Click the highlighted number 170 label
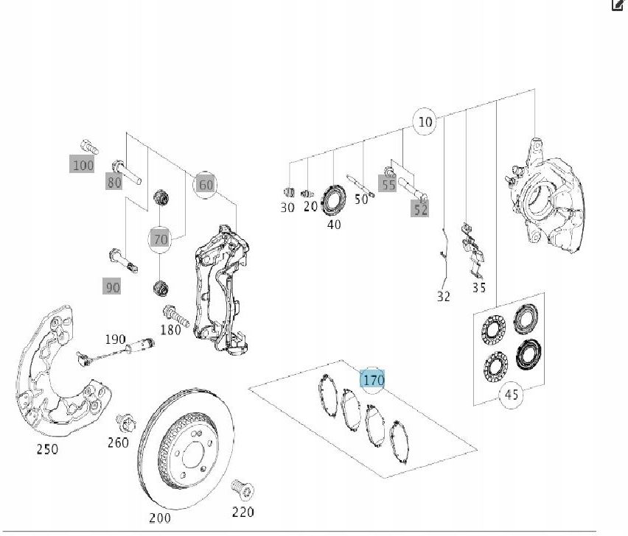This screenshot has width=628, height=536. point(373,380)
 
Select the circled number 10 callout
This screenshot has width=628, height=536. point(425,121)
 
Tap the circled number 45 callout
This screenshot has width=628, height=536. point(511,395)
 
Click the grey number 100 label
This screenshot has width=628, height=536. point(83,165)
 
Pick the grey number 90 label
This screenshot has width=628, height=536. point(111,287)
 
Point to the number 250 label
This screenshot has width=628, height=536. point(47,449)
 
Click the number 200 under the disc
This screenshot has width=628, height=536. point(158,518)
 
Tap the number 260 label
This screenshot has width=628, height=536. point(117,442)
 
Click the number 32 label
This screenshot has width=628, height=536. point(443,297)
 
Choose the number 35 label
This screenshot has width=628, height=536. point(479,288)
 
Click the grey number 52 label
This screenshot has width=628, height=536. point(420,210)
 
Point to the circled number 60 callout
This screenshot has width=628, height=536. point(206,184)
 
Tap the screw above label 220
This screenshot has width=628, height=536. point(240,488)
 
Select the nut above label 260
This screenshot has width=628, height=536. point(125,423)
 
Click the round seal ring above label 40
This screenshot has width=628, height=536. point(335,200)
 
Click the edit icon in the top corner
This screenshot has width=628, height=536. point(617,5)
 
